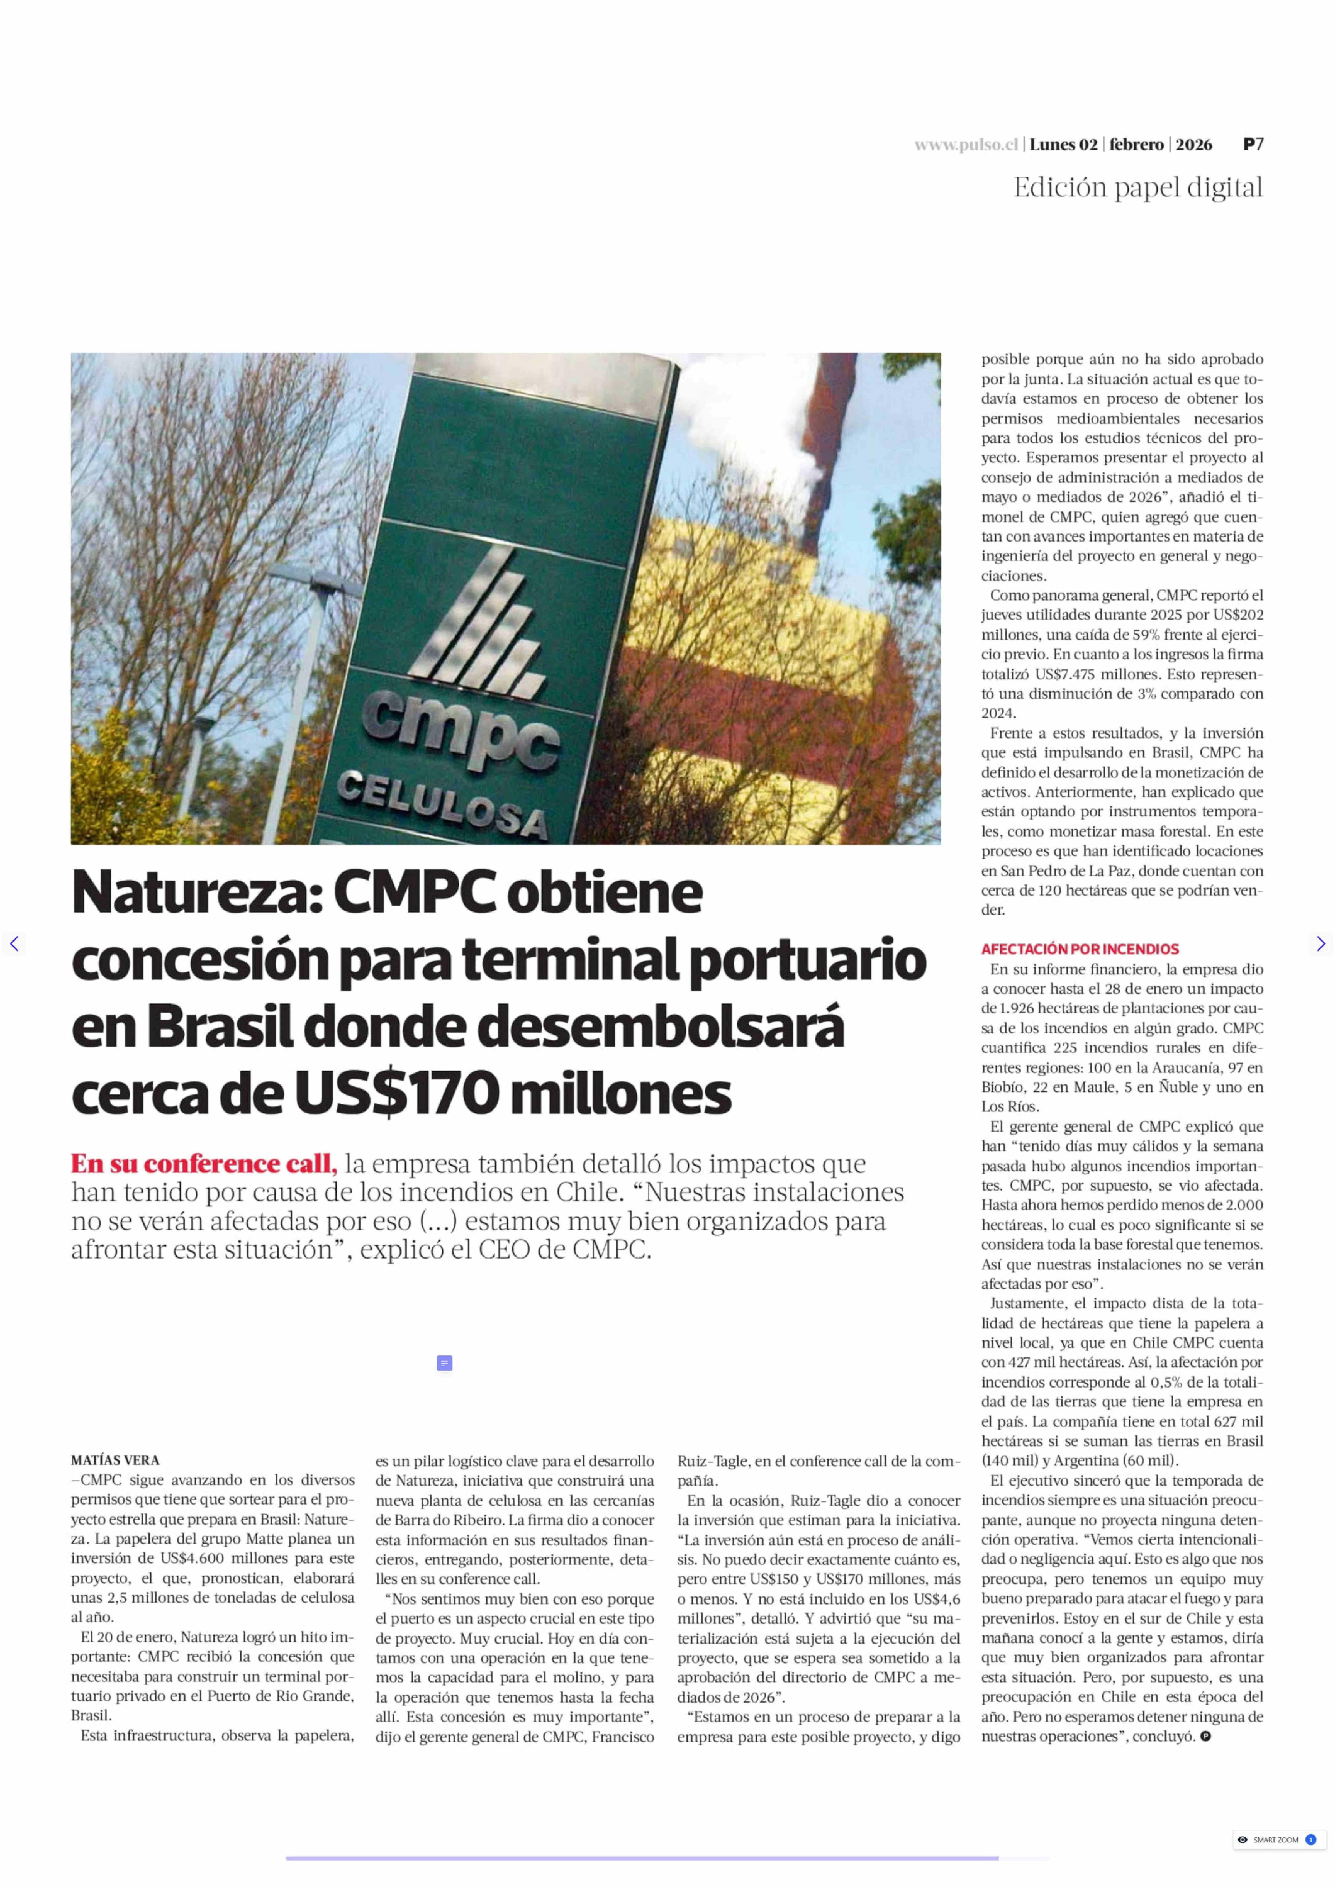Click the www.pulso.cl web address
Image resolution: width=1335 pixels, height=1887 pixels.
[x=966, y=145]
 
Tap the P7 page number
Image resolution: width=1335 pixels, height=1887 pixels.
[x=1253, y=145]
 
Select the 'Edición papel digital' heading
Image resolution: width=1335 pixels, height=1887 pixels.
[x=1138, y=188]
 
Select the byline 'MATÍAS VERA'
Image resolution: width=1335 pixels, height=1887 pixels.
[x=115, y=1460]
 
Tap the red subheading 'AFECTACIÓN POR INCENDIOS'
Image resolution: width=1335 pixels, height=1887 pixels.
[x=1079, y=949]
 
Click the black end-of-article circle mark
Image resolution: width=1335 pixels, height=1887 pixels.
[x=1205, y=1737]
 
